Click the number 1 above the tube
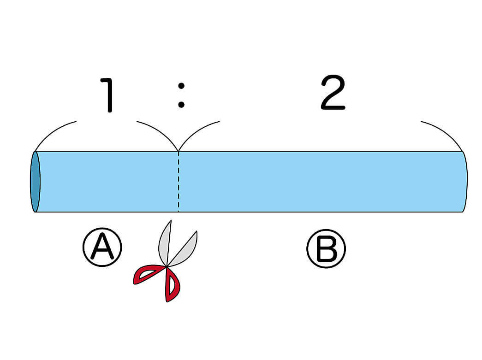[x=108, y=95]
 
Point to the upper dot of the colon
[x=181, y=85]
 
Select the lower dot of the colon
[x=181, y=105]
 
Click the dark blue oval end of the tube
[x=35, y=181]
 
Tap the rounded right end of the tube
[x=464, y=181]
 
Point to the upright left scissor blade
[x=165, y=242]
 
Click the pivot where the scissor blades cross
[x=167, y=266]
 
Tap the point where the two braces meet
[x=179, y=150]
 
